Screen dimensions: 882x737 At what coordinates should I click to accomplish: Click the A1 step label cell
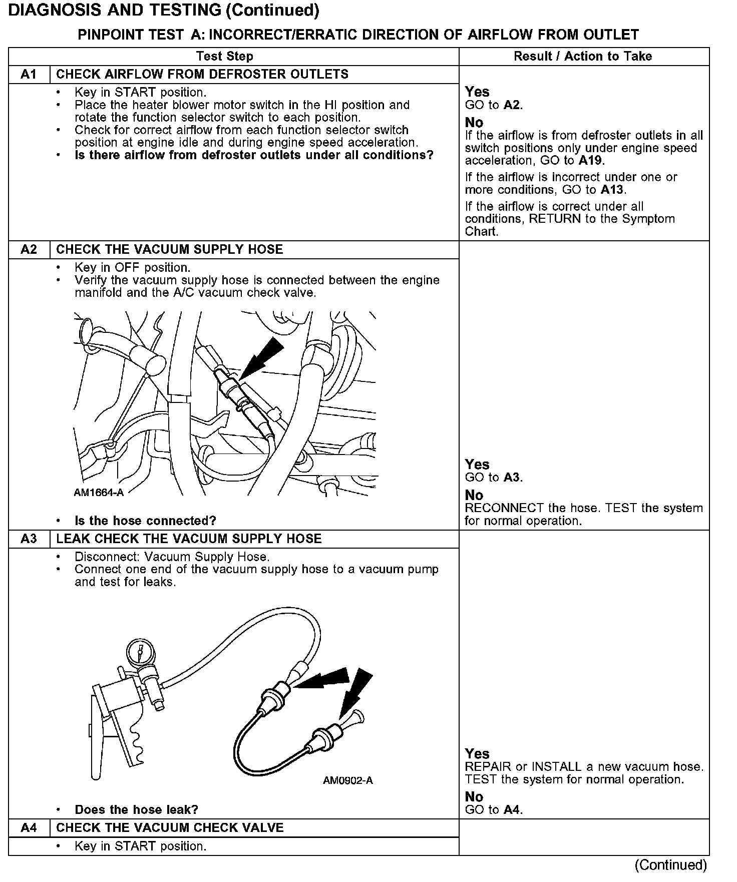29,75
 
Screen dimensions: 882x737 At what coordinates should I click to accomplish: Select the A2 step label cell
29,250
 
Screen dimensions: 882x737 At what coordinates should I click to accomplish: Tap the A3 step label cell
29,539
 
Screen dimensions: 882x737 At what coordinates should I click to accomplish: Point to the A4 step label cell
29,828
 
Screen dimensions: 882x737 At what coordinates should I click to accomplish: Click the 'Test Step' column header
225,56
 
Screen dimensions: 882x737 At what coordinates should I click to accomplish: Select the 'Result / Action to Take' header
583,56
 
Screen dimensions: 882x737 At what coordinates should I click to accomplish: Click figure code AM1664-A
99,493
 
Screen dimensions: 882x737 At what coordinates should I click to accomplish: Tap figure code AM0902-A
348,780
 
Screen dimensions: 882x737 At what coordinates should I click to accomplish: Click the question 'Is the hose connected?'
145,521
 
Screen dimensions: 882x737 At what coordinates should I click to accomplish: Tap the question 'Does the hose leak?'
136,809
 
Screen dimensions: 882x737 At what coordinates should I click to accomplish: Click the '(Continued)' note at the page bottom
670,865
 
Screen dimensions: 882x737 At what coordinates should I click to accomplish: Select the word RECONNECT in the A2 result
504,508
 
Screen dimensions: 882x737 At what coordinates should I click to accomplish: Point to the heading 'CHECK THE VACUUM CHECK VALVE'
170,828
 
